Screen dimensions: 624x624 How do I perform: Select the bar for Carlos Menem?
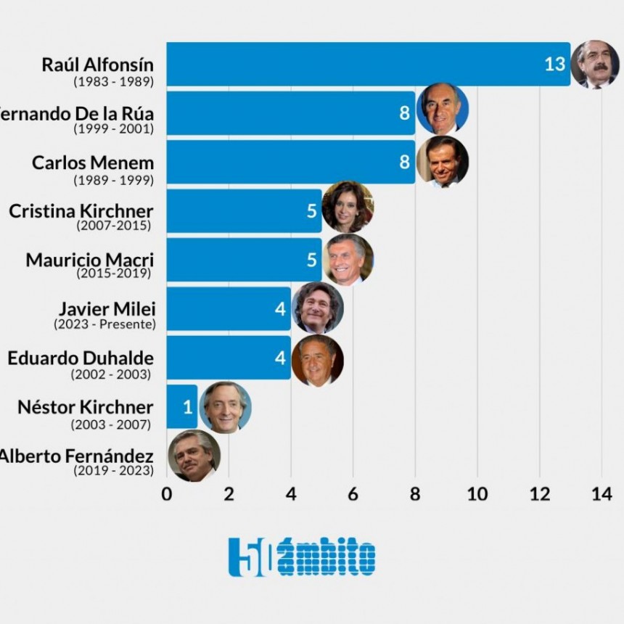pos(290,162)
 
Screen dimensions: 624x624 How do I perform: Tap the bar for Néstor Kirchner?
pos(181,406)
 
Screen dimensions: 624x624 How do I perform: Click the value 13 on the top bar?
pos(554,64)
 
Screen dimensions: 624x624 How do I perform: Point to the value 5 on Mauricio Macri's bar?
pos(312,260)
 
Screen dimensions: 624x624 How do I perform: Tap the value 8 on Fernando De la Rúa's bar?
pos(405,112)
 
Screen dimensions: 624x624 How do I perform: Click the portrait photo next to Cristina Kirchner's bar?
pos(348,207)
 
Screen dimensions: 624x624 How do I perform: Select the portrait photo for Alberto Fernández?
pos(194,456)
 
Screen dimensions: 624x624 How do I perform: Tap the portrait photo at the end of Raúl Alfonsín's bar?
pos(595,64)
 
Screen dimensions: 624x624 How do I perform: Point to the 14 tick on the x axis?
pos(601,494)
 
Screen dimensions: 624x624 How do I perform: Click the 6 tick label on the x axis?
pos(353,494)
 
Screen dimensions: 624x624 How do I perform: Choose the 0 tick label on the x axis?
pos(167,494)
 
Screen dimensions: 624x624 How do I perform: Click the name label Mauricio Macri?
pos(89,259)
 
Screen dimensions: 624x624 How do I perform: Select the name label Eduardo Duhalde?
pos(81,358)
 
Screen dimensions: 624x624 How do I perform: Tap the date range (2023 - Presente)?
pos(104,324)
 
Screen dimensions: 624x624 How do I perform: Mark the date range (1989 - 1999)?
pos(112,178)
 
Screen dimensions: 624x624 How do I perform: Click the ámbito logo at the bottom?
pos(302,557)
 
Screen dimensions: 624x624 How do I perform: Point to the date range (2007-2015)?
pos(113,226)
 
